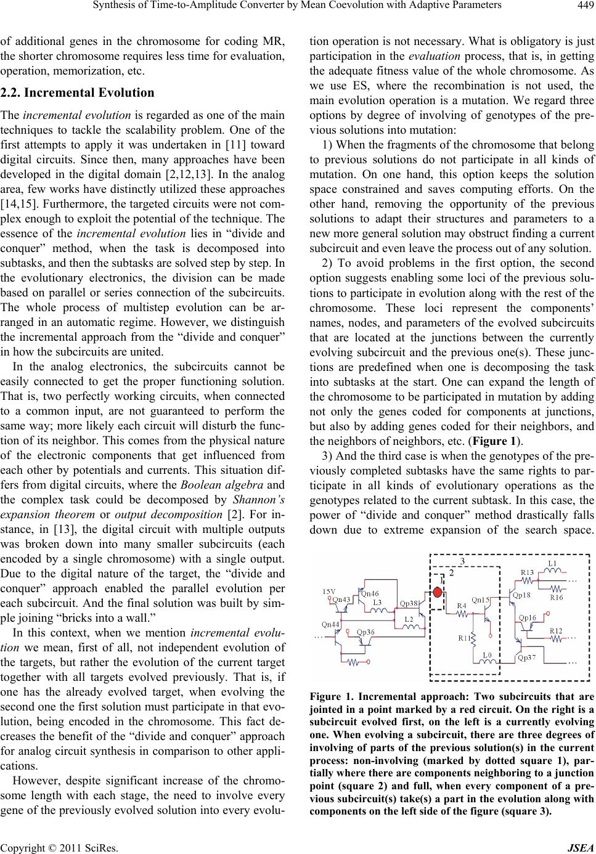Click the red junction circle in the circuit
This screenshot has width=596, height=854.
(438, 593)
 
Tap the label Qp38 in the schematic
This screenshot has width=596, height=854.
(409, 603)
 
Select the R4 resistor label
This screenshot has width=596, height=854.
(461, 606)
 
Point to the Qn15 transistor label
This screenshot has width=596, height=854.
(481, 599)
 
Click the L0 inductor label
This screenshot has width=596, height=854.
(487, 654)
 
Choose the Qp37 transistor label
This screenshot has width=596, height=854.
(526, 657)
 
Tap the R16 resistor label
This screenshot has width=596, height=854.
(557, 596)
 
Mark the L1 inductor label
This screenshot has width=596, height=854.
(553, 563)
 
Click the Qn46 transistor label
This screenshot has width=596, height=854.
(370, 593)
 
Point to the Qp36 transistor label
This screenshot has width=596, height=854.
(366, 632)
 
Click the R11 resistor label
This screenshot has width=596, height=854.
(465, 638)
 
